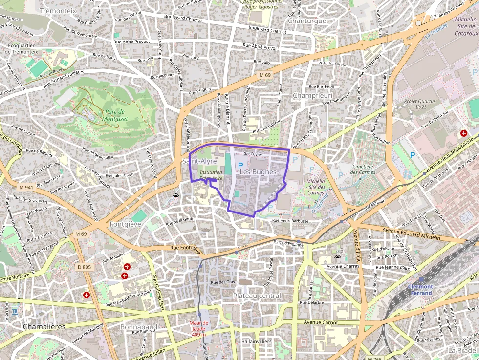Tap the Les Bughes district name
[258, 172]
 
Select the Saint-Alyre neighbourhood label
[199, 161]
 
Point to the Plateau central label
[257, 296]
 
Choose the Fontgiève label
[126, 224]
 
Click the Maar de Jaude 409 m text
[199, 328]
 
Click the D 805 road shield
[84, 267]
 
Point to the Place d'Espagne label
[288, 243]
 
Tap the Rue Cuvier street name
[252, 154]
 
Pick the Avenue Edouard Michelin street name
[412, 233]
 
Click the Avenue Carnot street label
[321, 323]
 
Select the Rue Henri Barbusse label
[291, 221]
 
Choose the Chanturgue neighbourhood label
[307, 21]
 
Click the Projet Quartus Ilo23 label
[419, 105]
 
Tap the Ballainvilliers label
[257, 341]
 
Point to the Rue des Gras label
[222, 282]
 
